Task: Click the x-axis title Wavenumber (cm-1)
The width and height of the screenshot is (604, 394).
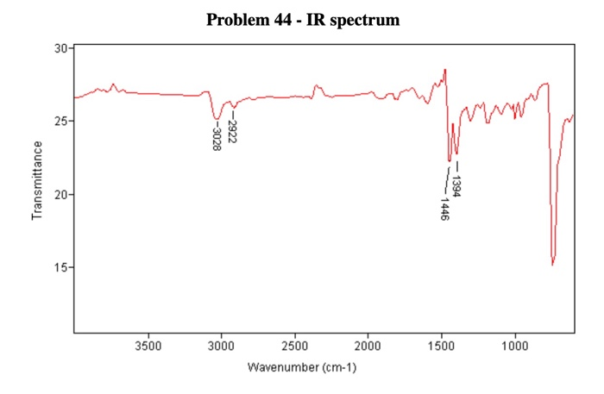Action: coord(302,367)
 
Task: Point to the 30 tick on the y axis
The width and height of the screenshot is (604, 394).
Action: coord(60,48)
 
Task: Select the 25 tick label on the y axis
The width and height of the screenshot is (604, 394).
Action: coord(60,122)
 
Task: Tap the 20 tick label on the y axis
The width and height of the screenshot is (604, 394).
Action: coord(60,195)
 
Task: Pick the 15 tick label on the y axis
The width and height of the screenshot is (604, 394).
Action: coord(60,268)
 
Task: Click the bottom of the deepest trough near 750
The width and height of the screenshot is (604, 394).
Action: coord(552,265)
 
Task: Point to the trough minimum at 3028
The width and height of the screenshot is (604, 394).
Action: coord(217,119)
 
